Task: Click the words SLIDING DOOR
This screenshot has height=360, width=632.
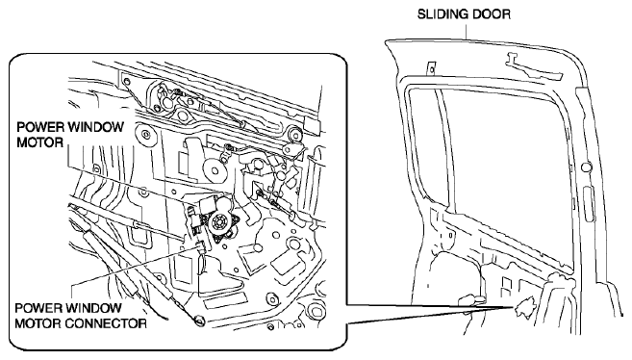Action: (x=464, y=14)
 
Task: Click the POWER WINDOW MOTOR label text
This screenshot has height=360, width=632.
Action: (x=69, y=134)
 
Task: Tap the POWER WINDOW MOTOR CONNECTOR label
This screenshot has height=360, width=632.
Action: (x=81, y=316)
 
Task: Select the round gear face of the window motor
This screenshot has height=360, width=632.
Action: (x=220, y=221)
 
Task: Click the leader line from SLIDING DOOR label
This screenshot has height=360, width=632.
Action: (x=467, y=30)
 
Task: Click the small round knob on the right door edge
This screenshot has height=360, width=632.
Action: (x=587, y=166)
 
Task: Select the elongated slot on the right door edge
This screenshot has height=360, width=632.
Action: (x=589, y=204)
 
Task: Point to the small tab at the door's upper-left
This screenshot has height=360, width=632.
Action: (x=431, y=67)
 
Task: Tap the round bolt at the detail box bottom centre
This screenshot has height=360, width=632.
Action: (x=200, y=321)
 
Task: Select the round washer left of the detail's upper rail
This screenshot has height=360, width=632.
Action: (x=144, y=134)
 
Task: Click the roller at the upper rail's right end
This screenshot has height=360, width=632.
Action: (x=295, y=134)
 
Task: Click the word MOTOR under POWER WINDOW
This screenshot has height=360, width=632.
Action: (x=39, y=142)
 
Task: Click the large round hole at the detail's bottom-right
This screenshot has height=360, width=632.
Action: (x=315, y=311)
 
